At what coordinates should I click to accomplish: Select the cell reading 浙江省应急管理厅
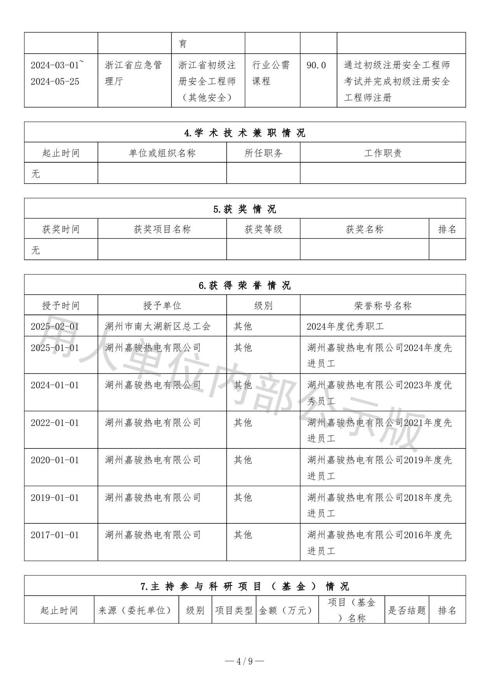click(x=133, y=73)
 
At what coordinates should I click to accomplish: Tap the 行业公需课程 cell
click(x=271, y=73)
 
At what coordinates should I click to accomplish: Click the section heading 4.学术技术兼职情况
click(x=245, y=133)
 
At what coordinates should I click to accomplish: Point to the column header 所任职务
click(x=263, y=153)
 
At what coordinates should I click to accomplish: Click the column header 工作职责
click(x=382, y=153)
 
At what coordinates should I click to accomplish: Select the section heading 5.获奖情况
click(x=245, y=209)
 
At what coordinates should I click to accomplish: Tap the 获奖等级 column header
click(x=263, y=229)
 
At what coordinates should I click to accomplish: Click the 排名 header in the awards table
click(x=447, y=229)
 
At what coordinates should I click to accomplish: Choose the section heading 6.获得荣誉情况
click(x=245, y=285)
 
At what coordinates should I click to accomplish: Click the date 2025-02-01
click(x=55, y=326)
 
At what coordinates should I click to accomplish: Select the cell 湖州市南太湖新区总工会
click(x=158, y=326)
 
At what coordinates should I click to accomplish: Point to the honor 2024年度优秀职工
click(x=345, y=326)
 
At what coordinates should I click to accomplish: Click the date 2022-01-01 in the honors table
click(x=55, y=422)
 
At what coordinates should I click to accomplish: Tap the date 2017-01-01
click(x=55, y=535)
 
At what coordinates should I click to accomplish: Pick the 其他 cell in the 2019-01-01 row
click(x=243, y=497)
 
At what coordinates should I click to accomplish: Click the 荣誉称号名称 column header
click(x=382, y=306)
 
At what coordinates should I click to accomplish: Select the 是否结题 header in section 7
click(x=407, y=610)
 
